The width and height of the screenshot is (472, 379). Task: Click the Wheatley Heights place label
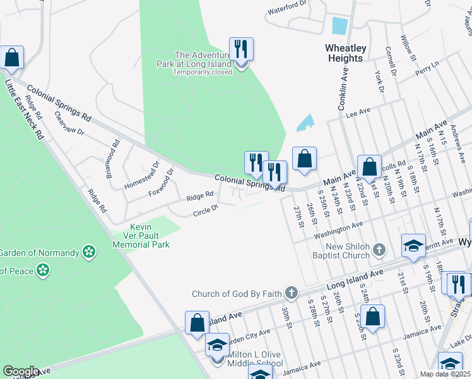point(344,53)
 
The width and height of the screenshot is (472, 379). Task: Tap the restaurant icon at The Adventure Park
point(240,50)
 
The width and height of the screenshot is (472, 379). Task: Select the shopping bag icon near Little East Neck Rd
point(11,58)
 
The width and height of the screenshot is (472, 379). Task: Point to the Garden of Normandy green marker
point(89,253)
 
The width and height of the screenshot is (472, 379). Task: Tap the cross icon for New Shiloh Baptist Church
point(379,250)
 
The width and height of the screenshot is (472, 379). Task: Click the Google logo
point(21,371)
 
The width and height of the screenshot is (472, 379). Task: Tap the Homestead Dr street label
point(139,173)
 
